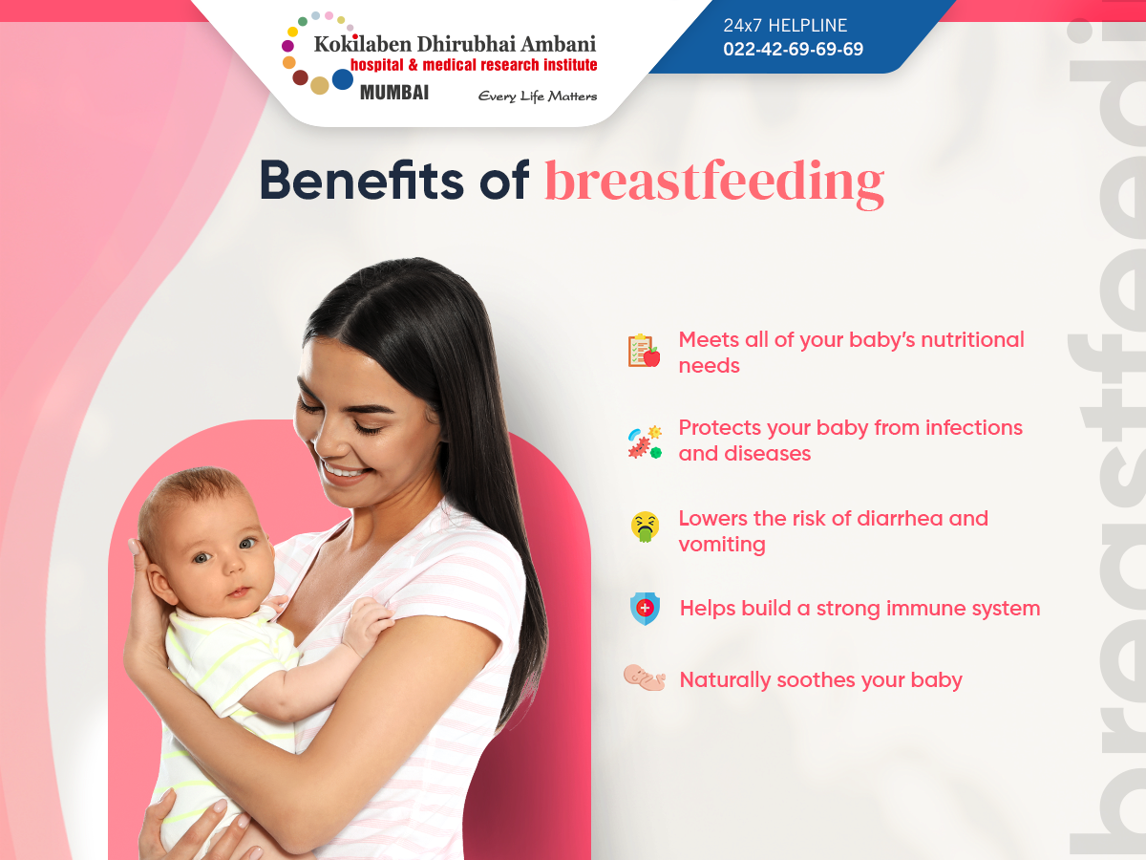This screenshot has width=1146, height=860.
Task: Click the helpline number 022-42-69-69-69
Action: point(793,49)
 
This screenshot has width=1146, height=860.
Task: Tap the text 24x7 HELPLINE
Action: point(785,25)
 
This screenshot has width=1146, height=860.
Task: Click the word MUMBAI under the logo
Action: point(394,93)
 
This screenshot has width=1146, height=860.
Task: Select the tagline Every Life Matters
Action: point(538,97)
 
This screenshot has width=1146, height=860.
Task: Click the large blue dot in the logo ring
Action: point(343,79)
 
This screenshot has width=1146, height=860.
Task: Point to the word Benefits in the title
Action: point(361,181)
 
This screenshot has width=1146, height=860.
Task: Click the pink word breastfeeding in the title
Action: point(714,182)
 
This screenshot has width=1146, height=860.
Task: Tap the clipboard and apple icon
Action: point(644,351)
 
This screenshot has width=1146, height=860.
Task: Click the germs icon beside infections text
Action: point(645,442)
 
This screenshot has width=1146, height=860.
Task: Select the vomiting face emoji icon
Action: point(645,527)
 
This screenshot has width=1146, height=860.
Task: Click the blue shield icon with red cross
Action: point(645,609)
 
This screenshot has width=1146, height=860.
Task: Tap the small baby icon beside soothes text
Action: point(645,677)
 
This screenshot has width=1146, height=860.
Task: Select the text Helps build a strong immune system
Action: point(859,609)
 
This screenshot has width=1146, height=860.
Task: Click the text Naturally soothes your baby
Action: point(820,680)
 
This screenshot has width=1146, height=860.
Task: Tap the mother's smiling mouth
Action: point(344,471)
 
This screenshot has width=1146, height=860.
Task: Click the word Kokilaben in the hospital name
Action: point(362,44)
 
